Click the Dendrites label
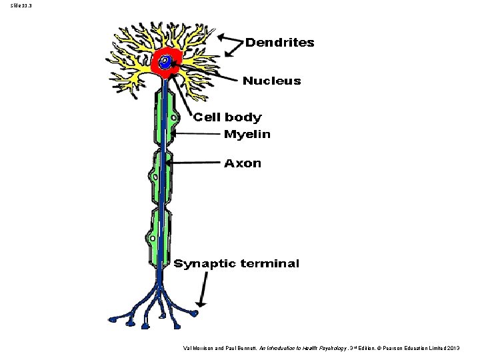pyautogui.click(x=280, y=42)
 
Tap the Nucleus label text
pyautogui.click(x=272, y=81)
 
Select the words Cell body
pyautogui.click(x=227, y=117)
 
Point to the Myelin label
pyautogui.click(x=247, y=134)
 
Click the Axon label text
pyautogui.click(x=243, y=163)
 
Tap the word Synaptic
pyautogui.click(x=205, y=264)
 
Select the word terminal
pyautogui.click(x=270, y=263)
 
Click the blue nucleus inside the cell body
pyautogui.click(x=165, y=62)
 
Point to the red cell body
pyautogui.click(x=167, y=63)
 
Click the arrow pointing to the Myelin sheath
pyautogui.click(x=196, y=134)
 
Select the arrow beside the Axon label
pyautogui.click(x=193, y=163)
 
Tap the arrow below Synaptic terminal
pyautogui.click(x=203, y=289)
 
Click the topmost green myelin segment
pyautogui.click(x=165, y=118)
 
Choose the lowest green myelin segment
pyautogui.click(x=159, y=238)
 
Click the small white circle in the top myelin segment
pyautogui.click(x=173, y=118)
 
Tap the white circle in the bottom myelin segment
pyautogui.click(x=152, y=239)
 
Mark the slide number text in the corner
pyautogui.click(x=21, y=5)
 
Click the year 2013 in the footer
pyautogui.click(x=453, y=348)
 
